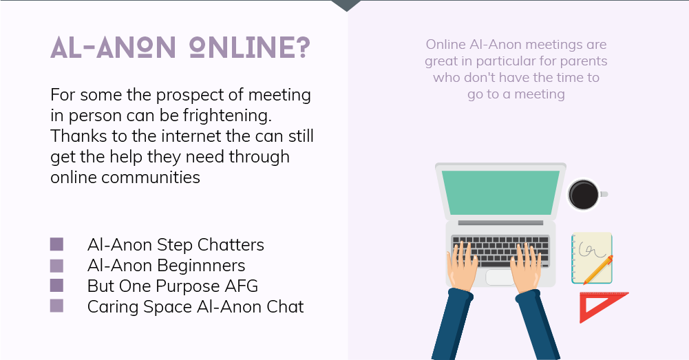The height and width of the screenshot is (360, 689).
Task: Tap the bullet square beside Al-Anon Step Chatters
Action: (x=56, y=244)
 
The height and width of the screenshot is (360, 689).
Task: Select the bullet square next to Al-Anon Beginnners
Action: (x=56, y=265)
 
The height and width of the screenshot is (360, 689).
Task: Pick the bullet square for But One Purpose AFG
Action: (x=56, y=285)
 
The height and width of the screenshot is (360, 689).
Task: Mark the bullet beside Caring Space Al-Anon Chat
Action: (x=56, y=306)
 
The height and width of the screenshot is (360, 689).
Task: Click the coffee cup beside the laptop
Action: (x=584, y=195)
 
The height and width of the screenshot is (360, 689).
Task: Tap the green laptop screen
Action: (x=500, y=193)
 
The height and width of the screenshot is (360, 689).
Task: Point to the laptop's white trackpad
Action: (x=500, y=277)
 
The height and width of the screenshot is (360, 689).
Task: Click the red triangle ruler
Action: (x=600, y=306)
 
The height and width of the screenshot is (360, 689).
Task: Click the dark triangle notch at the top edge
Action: (x=346, y=5)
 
